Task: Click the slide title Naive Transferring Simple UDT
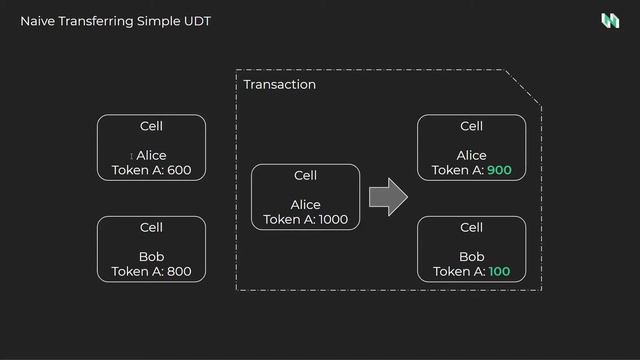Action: point(115,21)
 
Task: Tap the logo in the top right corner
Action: point(609,21)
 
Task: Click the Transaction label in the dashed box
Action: point(279,85)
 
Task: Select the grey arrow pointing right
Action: point(389,197)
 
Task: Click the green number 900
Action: point(499,170)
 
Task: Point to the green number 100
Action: point(499,272)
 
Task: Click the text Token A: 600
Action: point(151,170)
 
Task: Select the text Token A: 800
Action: point(151,271)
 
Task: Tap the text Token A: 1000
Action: point(305,220)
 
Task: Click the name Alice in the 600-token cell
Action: point(152,155)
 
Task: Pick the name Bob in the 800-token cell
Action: point(151,257)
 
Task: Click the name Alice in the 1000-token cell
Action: point(305,205)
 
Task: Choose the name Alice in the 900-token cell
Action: point(471,155)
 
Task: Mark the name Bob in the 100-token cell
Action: point(471,257)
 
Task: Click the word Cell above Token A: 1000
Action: point(305,176)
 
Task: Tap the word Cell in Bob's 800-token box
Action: point(151,228)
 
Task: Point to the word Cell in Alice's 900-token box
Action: point(471,126)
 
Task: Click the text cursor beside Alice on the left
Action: point(131,156)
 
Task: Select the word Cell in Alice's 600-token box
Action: point(151,126)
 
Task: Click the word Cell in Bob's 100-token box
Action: point(471,228)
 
